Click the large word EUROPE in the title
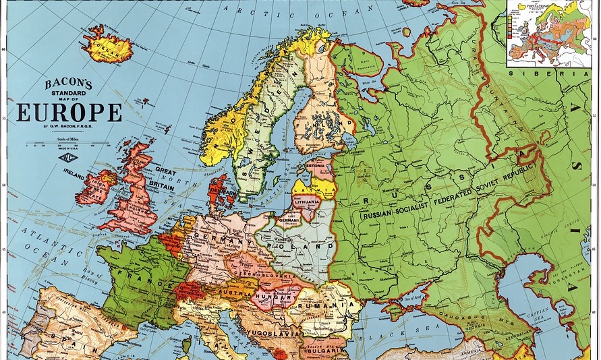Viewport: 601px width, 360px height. click(69, 113)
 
